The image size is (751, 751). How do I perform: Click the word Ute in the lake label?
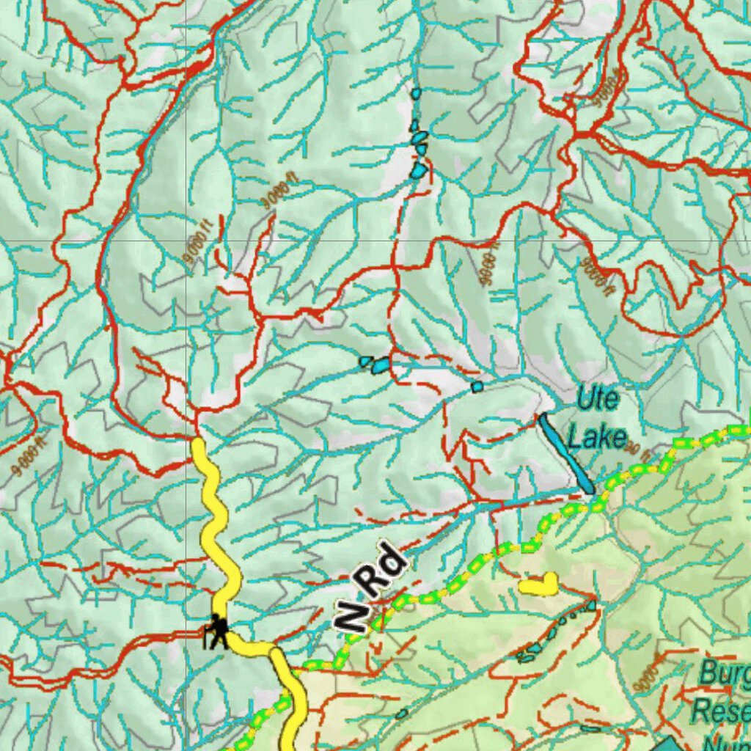coord(598,400)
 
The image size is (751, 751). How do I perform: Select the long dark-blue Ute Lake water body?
coord(566,453)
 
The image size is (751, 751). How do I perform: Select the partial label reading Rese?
coord(722,710)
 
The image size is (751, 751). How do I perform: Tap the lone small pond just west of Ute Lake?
coord(477,386)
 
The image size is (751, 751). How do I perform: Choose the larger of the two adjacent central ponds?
coord(381,364)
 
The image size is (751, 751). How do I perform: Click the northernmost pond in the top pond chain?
coord(416,94)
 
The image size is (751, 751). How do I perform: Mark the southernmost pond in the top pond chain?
coord(418,170)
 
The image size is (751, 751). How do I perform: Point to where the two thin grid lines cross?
coord(186,240)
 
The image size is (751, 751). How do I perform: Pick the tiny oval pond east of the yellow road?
coord(401,713)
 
